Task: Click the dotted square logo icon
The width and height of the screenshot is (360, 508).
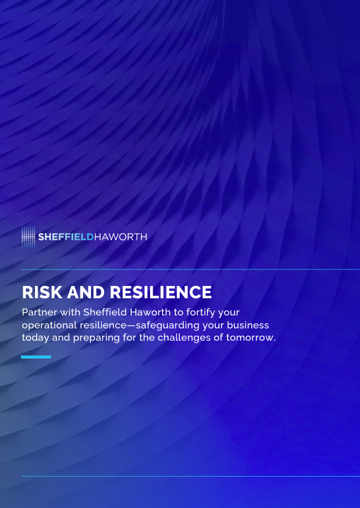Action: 28,237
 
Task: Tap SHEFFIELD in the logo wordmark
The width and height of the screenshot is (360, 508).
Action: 66,237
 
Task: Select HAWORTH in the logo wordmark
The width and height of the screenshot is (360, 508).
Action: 120,237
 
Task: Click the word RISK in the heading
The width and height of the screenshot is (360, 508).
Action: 42,292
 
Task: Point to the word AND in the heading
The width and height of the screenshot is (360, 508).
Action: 86,292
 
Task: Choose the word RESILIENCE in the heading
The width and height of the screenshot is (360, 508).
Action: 161,292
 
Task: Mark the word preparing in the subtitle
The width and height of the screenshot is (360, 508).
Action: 96,338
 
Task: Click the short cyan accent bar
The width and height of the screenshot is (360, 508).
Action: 36,357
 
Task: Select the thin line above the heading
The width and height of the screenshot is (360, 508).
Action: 191,269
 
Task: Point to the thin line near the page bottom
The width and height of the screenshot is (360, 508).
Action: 191,476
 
